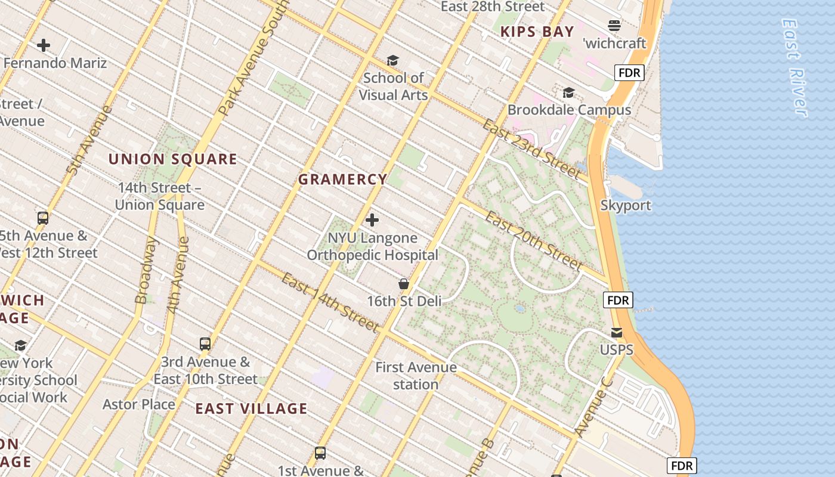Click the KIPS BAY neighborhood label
click(537, 32)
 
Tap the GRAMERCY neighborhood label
click(343, 179)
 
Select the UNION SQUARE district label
click(173, 159)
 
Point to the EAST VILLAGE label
click(252, 408)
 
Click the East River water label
click(794, 67)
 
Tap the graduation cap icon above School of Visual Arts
click(392, 60)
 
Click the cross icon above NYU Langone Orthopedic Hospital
click(372, 220)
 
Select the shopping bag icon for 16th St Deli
click(404, 284)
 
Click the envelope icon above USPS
click(616, 332)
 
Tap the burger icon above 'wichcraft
click(614, 25)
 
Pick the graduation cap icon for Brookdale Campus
click(568, 92)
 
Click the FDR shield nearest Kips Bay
click(629, 73)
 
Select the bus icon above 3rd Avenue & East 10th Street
click(205, 344)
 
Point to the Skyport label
click(626, 205)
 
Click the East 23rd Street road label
click(531, 148)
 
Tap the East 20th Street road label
click(533, 240)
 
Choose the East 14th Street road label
click(330, 302)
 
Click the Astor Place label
click(139, 404)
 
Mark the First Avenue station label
click(416, 376)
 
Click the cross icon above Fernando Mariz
click(44, 45)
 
